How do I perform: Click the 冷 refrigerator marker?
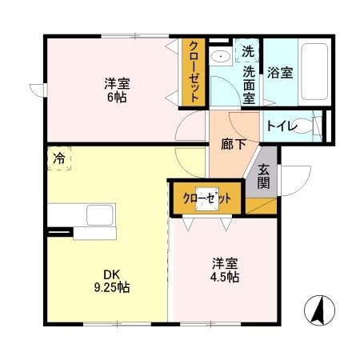click(x=59, y=158)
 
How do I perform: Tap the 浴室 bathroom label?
click(x=280, y=72)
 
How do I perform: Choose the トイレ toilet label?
click(x=282, y=126)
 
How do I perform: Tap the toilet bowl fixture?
click(x=314, y=126)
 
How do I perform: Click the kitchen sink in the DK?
click(x=99, y=216)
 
